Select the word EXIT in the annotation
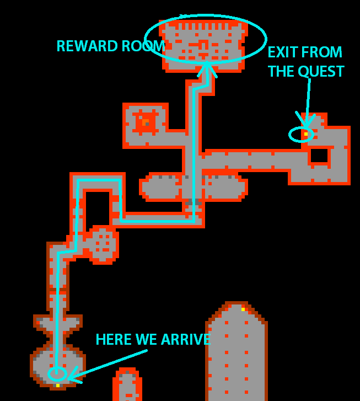click(283, 52)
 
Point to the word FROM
click(323, 52)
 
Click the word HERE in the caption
click(115, 340)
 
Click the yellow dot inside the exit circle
click(305, 134)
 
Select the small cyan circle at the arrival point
click(57, 374)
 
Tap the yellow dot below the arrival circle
click(57, 386)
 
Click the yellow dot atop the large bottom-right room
click(243, 309)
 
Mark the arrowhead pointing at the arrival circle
click(72, 377)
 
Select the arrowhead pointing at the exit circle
click(304, 120)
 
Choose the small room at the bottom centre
click(127, 384)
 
